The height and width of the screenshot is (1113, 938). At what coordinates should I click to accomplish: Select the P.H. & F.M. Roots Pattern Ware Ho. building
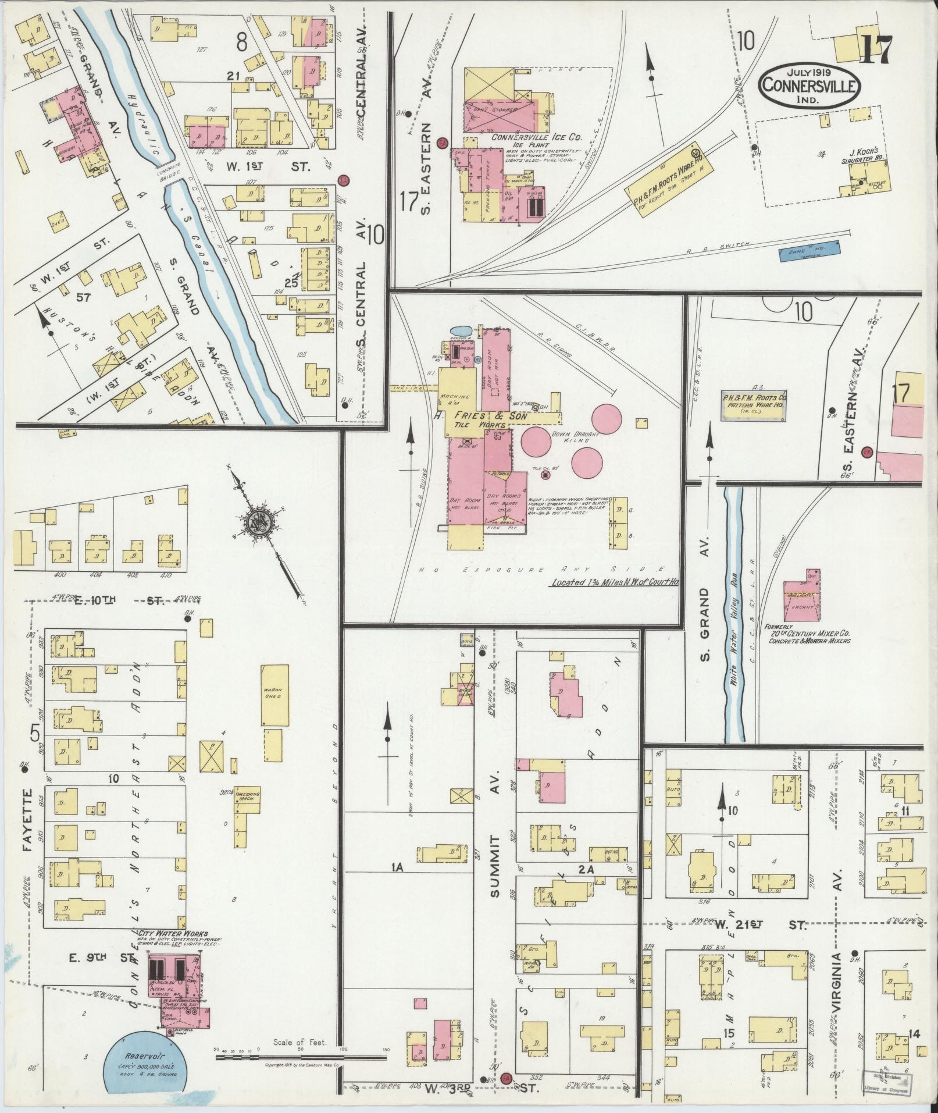(x=754, y=405)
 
